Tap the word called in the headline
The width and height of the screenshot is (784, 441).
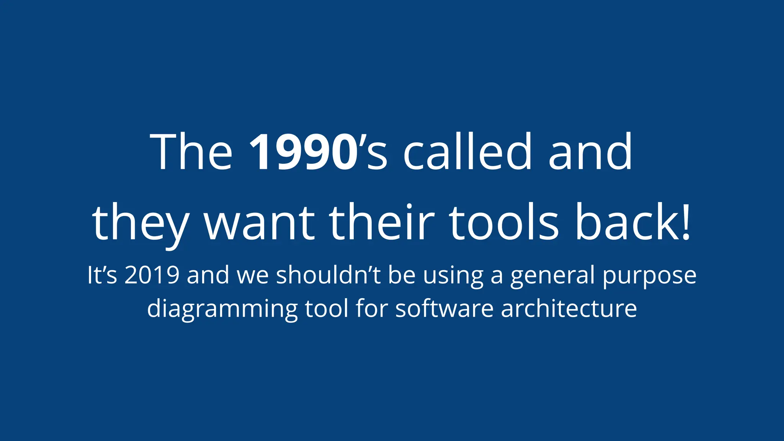468,152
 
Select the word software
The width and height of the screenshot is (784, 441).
444,308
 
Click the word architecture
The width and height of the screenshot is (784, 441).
569,308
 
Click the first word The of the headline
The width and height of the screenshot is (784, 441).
191,152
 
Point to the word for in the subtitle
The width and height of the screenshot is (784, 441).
371,308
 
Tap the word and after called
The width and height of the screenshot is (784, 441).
590,152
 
